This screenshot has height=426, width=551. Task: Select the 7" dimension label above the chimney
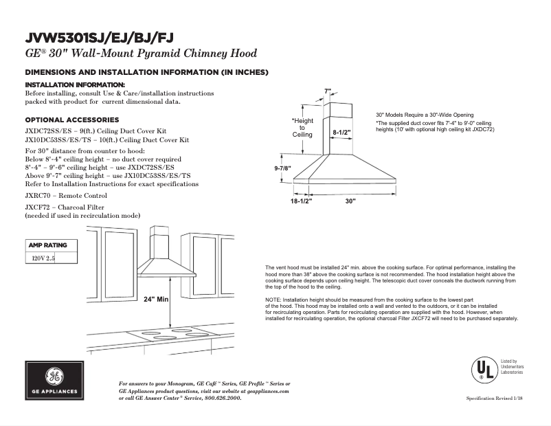click(x=328, y=91)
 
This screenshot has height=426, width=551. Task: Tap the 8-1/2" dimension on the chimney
click(x=341, y=131)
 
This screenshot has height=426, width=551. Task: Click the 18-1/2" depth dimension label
click(x=301, y=201)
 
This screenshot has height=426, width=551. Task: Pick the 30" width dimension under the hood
click(x=351, y=201)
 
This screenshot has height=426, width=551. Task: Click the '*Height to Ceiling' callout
click(x=302, y=128)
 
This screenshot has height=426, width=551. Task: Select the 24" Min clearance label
click(x=157, y=300)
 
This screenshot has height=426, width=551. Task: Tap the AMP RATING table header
click(x=47, y=245)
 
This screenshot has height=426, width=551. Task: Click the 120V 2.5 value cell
click(x=43, y=258)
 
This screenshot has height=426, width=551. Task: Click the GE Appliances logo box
click(x=54, y=382)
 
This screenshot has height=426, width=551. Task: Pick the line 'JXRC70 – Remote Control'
click(x=66, y=196)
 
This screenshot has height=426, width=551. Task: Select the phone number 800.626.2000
click(x=223, y=398)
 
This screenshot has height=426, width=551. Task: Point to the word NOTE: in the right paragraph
click(x=273, y=301)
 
